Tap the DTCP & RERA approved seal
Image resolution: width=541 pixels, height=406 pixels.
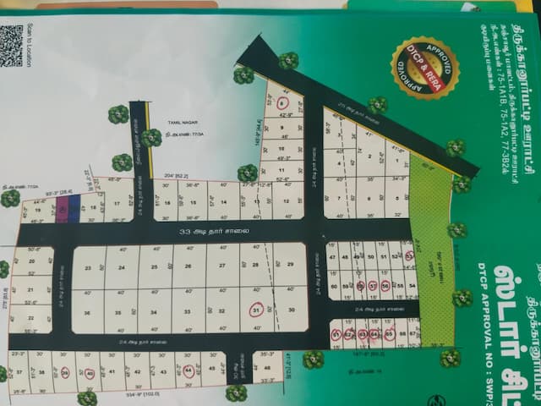tap(424, 68)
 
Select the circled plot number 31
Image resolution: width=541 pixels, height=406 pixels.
tap(254, 310)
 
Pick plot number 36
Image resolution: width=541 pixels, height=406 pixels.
tap(89, 312)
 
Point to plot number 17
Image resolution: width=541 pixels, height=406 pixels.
tap(116, 204)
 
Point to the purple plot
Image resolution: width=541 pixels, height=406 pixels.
tap(62, 209)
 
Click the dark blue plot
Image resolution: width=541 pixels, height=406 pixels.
tap(74, 208)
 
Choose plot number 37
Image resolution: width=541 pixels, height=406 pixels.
tap(19, 371)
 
